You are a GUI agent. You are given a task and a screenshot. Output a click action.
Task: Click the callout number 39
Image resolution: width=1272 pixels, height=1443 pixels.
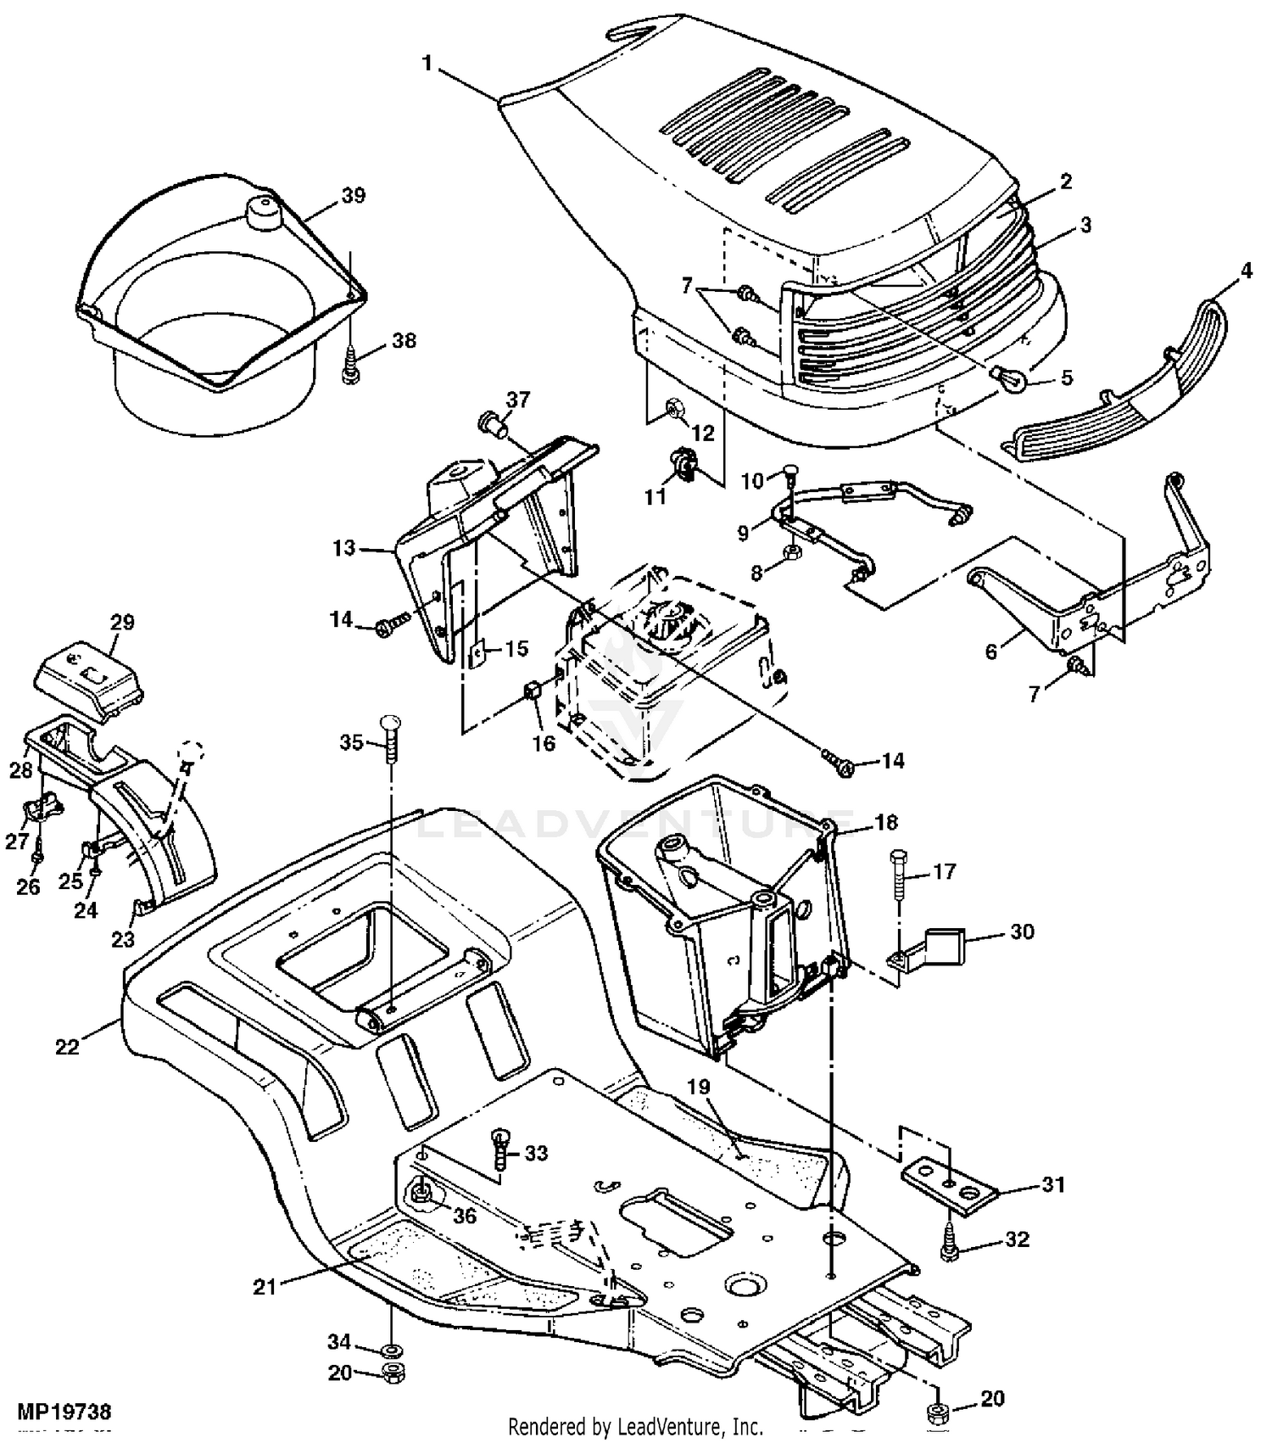pos(353,195)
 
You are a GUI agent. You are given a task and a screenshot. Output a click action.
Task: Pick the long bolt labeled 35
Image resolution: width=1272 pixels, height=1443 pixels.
pos(390,740)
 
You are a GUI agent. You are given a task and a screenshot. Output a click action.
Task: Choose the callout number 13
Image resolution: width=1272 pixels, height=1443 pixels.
pos(343,549)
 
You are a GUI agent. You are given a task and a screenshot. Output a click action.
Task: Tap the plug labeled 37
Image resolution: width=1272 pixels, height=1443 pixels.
pos(493,422)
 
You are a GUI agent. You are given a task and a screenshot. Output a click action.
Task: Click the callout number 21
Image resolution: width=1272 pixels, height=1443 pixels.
pos(265,1288)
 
